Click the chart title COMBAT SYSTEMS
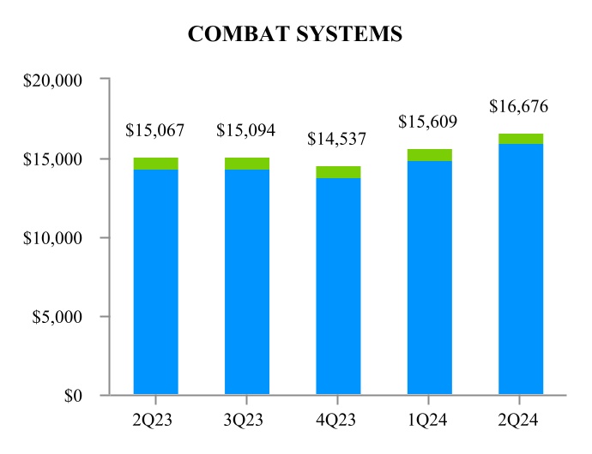coord(295,34)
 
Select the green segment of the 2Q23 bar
coord(156,164)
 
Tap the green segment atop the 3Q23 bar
coord(247,164)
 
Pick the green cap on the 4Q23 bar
coord(338,172)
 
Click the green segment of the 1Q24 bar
coord(429,155)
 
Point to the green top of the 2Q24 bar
coord(520,139)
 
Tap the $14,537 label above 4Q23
coord(338,140)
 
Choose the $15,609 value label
coord(429,122)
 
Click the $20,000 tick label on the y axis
coord(51,80)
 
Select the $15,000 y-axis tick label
coord(51,159)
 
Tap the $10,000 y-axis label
coord(51,238)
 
